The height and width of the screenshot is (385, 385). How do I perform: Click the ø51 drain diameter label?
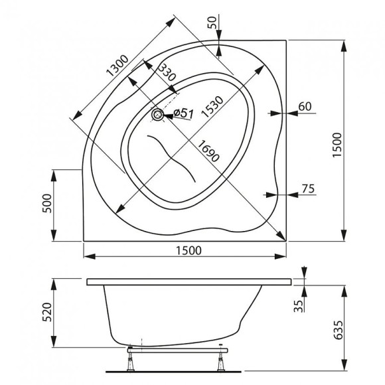183,114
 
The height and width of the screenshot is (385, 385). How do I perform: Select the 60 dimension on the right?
305,106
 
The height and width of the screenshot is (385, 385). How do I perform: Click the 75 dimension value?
307,189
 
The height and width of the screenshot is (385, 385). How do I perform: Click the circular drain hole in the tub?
158,116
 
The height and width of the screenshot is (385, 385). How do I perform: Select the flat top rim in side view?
189,282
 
